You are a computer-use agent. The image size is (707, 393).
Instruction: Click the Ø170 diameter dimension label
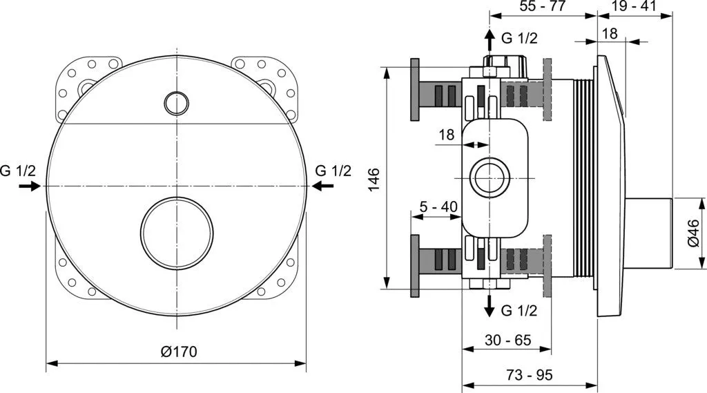pos(178,352)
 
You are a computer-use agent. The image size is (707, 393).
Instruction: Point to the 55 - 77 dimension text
pos(543,6)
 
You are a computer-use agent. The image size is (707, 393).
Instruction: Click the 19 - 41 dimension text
pos(632,6)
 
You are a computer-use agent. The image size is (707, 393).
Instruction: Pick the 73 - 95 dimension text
pos(529,375)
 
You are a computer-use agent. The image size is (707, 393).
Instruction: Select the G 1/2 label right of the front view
pos(333,171)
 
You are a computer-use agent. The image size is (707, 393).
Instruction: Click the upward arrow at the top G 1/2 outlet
pos(489,39)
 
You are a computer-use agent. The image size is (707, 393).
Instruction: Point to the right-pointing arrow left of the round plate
pos(29,186)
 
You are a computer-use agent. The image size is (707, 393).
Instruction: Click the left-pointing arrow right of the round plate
pos(322,185)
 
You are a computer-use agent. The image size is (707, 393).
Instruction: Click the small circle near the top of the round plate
pos(176,103)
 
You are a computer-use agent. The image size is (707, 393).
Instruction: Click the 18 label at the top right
pos(610,34)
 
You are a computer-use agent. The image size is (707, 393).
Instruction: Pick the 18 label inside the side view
pos(447,135)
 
